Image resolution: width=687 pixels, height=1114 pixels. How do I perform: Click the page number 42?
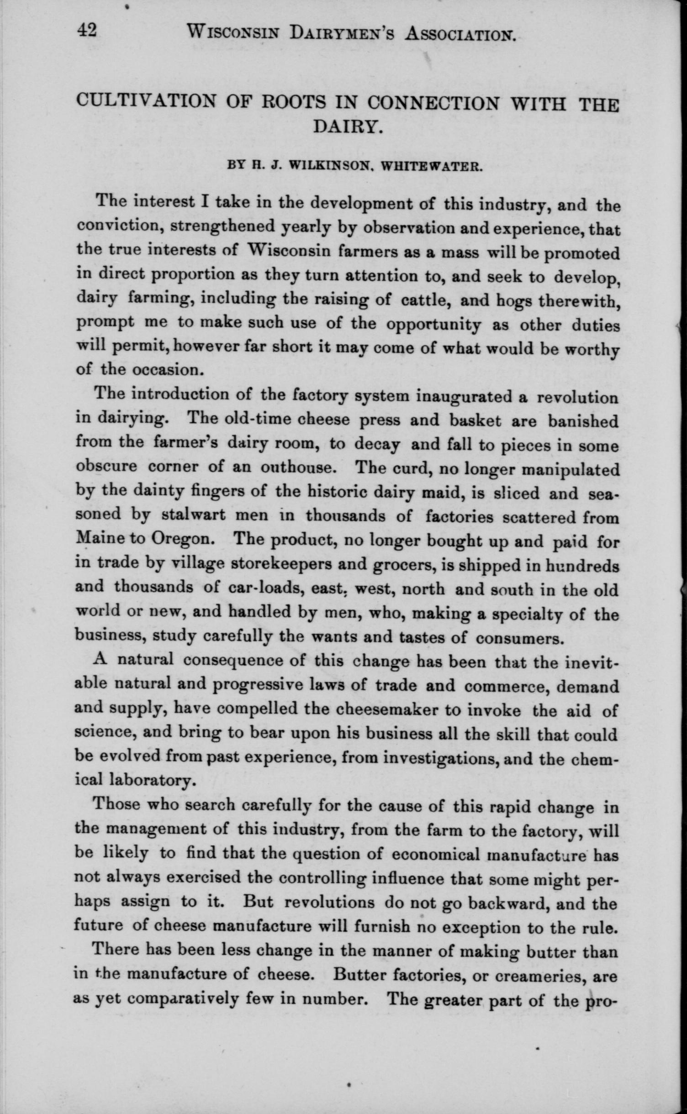point(86,31)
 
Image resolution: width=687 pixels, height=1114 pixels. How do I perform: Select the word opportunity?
point(433,325)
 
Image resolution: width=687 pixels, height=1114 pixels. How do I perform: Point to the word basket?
point(475,420)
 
